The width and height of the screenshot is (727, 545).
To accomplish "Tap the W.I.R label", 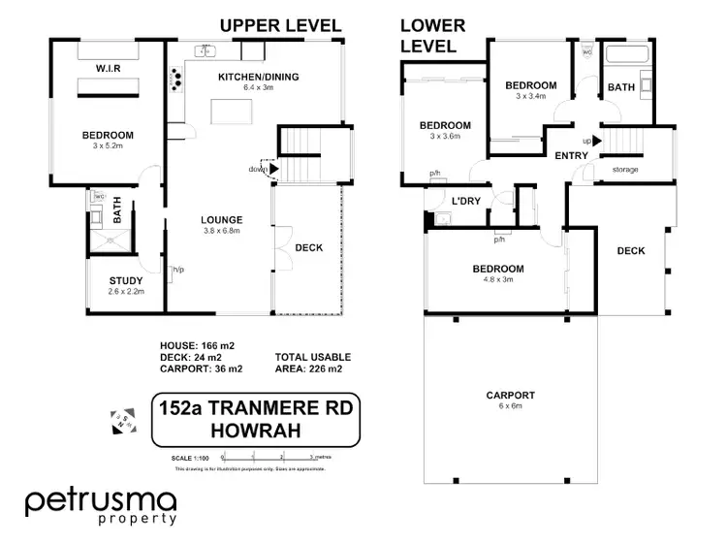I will (107, 69).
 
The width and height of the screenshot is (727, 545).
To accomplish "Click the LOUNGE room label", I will (222, 219).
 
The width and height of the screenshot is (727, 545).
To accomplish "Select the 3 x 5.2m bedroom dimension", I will (107, 146).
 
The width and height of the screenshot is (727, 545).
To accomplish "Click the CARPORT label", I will (510, 395).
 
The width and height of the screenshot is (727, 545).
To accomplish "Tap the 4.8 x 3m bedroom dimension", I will (498, 280).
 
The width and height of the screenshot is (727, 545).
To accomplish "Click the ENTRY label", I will (571, 155).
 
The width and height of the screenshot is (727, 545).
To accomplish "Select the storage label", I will (625, 171).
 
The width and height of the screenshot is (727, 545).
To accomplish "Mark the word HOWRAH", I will (255, 432).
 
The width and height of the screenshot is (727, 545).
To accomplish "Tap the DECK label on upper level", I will (307, 247).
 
